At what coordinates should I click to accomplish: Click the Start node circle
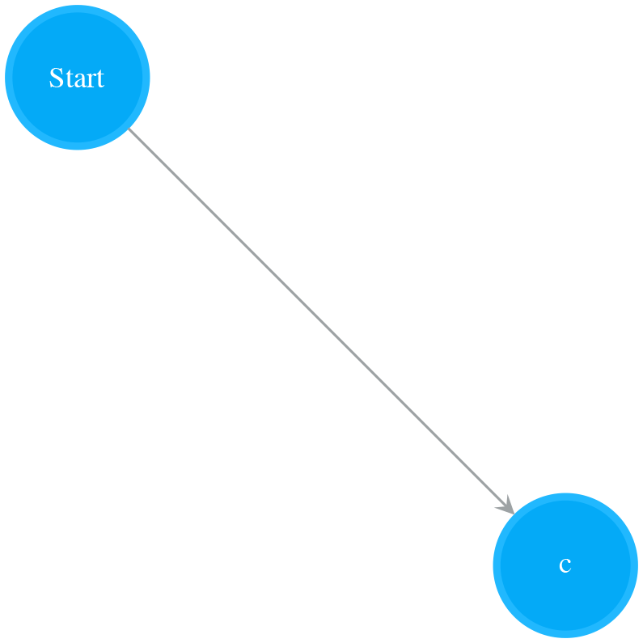click(77, 77)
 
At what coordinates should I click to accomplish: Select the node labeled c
click(565, 565)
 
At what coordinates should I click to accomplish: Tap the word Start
click(77, 78)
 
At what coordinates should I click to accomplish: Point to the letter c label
click(565, 566)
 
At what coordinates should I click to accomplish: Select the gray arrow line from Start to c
click(321, 321)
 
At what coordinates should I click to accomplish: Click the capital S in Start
click(57, 78)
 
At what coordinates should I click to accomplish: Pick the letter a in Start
click(80, 80)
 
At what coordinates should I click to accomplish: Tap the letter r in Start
click(91, 80)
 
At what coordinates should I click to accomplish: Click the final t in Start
click(100, 78)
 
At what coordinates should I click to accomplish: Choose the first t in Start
click(70, 78)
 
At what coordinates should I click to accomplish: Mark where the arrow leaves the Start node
click(129, 129)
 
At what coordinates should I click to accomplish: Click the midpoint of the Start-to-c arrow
click(321, 321)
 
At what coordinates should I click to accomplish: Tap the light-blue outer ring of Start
click(8, 77)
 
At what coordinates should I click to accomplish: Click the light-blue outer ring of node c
click(497, 565)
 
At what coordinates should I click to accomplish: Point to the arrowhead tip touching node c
click(514, 514)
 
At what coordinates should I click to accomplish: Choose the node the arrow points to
click(565, 565)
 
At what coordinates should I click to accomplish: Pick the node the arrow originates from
click(77, 77)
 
